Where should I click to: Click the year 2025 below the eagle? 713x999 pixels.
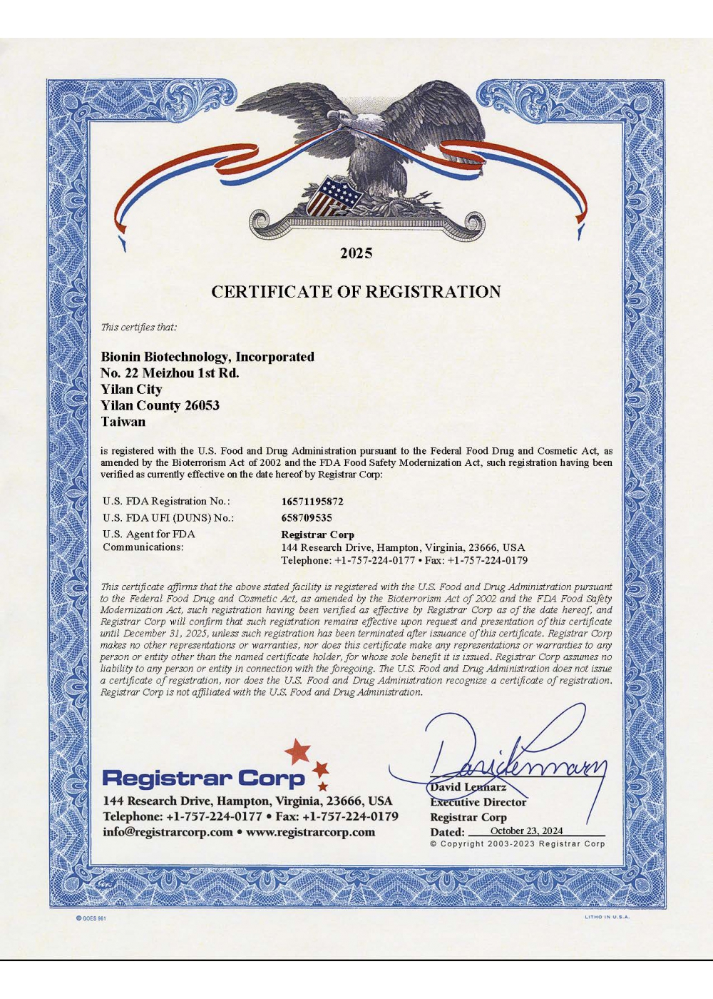coord(356,253)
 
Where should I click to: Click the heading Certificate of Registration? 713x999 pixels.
coord(356,292)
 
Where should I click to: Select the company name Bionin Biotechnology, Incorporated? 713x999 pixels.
coord(207,357)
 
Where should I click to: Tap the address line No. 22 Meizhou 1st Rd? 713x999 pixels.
coord(170,373)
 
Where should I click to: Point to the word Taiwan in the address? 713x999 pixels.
coord(123,422)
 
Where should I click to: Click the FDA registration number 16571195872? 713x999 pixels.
coord(312,502)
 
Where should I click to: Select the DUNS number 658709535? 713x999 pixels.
coord(307,518)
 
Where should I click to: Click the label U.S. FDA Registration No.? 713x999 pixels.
coord(167,502)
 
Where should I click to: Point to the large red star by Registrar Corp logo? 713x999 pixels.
coord(298,751)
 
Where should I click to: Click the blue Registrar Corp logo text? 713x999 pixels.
coord(203,778)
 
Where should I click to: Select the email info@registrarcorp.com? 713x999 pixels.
coord(168,832)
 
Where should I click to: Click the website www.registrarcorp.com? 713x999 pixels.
coord(310,832)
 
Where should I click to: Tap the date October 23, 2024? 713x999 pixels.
coord(526,831)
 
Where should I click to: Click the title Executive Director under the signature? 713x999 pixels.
coord(478,802)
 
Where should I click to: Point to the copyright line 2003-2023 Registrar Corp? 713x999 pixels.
coord(517,843)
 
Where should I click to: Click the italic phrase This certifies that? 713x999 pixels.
coord(138,328)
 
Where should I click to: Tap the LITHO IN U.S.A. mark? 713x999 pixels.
coord(607,917)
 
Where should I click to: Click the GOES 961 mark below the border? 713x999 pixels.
coord(91,918)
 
